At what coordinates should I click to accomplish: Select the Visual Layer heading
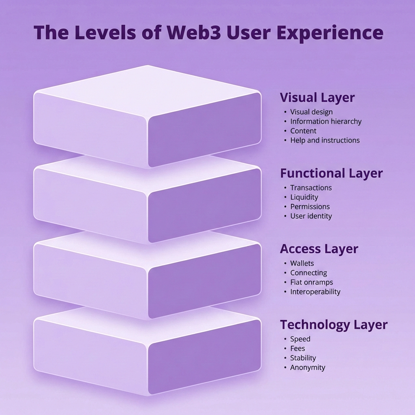[x=317, y=98]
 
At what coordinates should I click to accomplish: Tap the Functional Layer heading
[x=331, y=173]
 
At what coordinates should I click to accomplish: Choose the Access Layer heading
[x=319, y=249]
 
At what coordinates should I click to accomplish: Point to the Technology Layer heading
[x=334, y=325]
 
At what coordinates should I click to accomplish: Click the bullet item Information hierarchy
[x=325, y=121]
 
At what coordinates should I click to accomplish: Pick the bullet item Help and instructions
[x=325, y=140]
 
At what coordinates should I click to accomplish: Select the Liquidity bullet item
[x=304, y=197]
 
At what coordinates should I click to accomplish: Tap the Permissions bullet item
[x=310, y=207]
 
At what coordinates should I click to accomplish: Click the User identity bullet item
[x=311, y=216]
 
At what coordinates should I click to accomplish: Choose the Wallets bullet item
[x=302, y=263]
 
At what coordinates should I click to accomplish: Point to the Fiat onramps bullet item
[x=311, y=282]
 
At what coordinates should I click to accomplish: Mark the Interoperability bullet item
[x=315, y=292]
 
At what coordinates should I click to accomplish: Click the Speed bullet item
[x=300, y=339]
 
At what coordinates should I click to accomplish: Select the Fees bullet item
[x=297, y=349]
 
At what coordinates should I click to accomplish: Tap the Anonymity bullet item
[x=308, y=368]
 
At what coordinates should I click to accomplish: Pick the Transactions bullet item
[x=311, y=188]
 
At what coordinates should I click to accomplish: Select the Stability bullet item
[x=303, y=358]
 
